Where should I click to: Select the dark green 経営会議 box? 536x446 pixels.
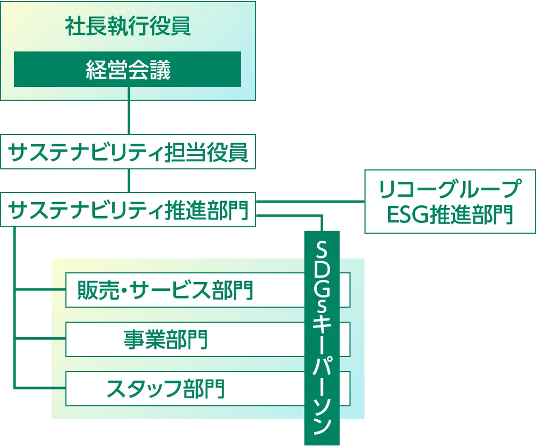tap(128, 69)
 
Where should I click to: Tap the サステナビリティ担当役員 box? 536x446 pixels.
tap(128, 153)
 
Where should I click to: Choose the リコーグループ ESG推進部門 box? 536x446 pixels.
tap(450, 202)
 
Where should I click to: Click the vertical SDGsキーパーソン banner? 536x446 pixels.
tap(322, 338)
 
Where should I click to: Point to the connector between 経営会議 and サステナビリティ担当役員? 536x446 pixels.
tap(129, 118)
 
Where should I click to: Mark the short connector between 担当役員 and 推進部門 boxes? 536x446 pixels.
tap(129, 181)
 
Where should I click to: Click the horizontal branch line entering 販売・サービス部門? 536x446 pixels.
tap(40, 290)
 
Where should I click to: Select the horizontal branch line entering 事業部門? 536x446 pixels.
tap(40, 339)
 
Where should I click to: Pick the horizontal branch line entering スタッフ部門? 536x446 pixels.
tap(40, 388)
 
